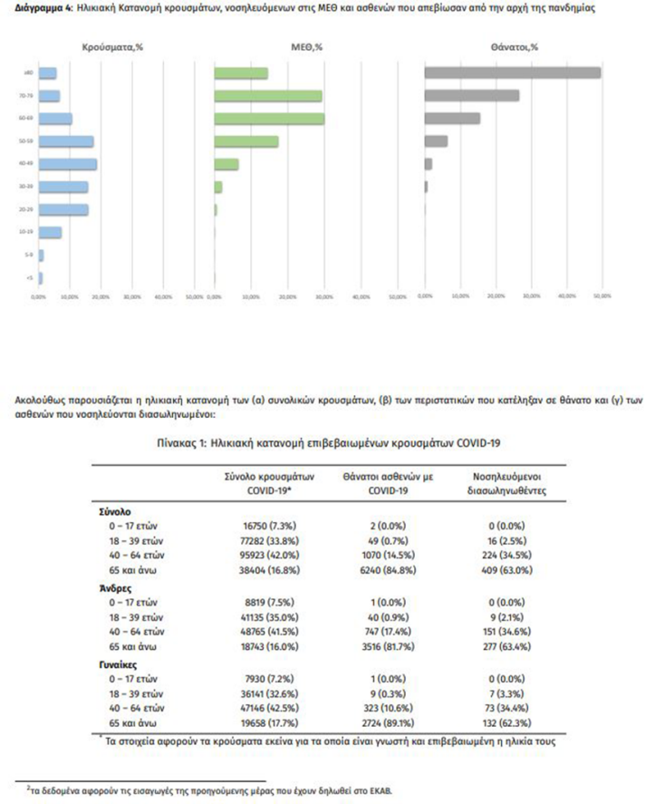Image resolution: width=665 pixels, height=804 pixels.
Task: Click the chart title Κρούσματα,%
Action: pos(111,46)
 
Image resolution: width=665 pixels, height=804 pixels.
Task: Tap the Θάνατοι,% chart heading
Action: pos(514,46)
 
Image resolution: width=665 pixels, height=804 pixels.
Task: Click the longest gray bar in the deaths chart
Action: pos(513,73)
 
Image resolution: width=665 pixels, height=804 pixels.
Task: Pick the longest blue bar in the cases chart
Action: pos(68,164)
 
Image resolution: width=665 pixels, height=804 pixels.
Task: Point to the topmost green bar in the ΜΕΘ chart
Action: pos(241,73)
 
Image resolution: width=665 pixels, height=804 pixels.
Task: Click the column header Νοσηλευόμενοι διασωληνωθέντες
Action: pos(507,483)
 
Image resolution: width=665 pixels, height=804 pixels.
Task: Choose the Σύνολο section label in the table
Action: pos(116,511)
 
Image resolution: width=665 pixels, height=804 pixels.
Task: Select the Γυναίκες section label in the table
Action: pos(119,662)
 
